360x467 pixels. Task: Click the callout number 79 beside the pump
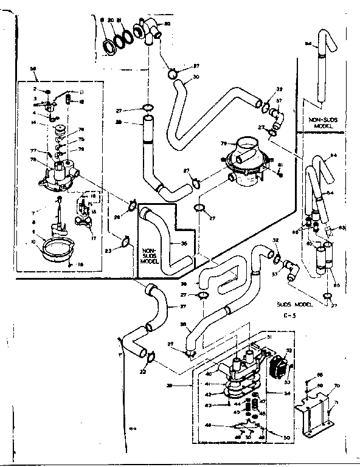pos(224,143)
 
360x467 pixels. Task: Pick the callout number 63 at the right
pos(342,227)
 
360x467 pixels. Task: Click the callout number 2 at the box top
pos(36,88)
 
